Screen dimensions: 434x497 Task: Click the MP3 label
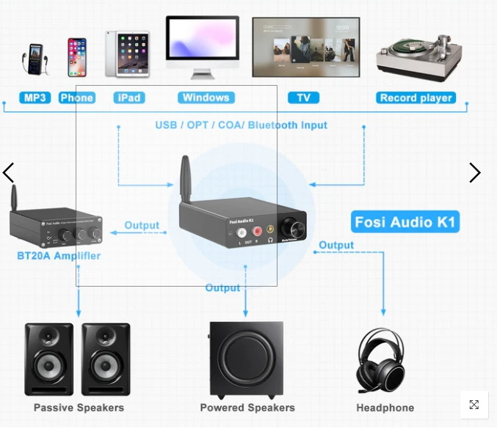[35, 98]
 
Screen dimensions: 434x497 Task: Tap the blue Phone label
[77, 98]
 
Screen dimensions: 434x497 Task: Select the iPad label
[128, 98]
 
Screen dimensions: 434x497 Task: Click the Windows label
[206, 98]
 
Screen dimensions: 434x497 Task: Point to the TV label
[303, 98]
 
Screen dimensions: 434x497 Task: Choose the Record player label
[416, 98]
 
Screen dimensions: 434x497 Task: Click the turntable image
[419, 56]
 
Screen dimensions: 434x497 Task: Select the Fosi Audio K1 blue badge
[406, 222]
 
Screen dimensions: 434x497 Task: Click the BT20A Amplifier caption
[59, 256]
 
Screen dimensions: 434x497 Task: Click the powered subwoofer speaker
[246, 358]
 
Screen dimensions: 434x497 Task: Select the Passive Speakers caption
[79, 408]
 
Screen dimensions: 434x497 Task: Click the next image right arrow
[475, 173]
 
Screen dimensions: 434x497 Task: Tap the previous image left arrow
[9, 173]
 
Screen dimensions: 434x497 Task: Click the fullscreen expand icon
[474, 405]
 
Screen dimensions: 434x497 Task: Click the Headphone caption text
[385, 408]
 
